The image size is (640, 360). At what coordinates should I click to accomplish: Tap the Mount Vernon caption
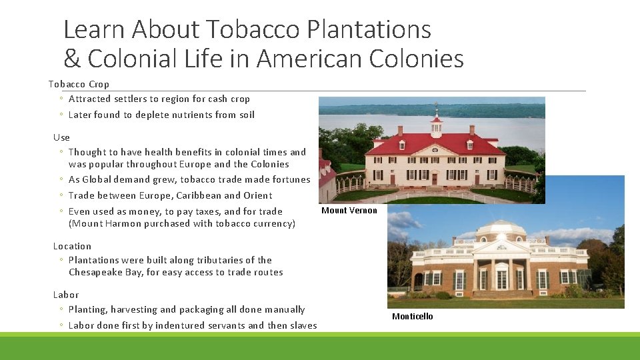coord(349,211)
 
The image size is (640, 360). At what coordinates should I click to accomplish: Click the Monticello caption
coord(412,317)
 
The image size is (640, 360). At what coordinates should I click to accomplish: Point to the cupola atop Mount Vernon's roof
coord(436,123)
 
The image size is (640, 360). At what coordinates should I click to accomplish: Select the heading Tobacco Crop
coord(79,84)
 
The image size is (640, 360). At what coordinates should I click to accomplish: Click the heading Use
coord(61,137)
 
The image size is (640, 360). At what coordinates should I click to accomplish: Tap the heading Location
coord(72,246)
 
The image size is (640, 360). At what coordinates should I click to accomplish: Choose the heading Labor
coord(66,295)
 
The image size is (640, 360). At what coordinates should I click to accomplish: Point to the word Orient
coord(258,195)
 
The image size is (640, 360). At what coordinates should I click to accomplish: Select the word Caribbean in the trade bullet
coord(198,195)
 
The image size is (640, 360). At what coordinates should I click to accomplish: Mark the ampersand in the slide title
coord(71,59)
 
